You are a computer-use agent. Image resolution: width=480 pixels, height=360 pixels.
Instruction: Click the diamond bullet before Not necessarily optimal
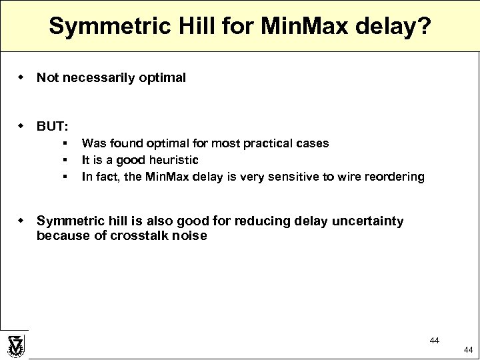21,77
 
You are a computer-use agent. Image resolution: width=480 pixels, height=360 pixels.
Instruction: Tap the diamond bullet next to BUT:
21,125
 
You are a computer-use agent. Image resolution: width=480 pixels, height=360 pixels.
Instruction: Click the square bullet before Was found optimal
65,143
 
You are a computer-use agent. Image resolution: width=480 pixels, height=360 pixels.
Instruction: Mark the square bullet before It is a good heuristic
65,160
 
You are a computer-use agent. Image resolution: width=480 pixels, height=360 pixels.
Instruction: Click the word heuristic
174,160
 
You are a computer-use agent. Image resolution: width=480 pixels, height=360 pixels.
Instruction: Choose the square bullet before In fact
65,177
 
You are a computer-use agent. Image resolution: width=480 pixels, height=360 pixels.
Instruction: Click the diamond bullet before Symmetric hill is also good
21,221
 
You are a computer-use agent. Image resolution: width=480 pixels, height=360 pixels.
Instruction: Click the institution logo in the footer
15,345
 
